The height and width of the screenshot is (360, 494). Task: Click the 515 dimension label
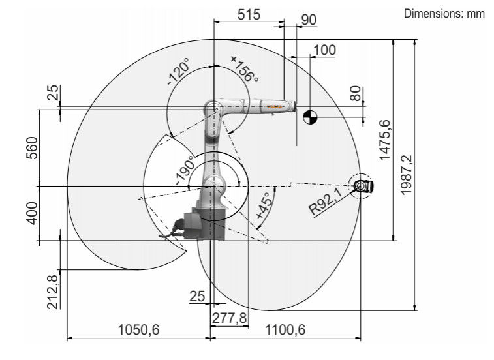249,14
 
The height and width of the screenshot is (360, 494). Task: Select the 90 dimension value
309,20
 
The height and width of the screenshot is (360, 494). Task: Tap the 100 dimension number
324,50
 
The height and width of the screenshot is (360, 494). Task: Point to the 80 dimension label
356,93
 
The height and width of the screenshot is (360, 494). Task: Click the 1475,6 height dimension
384,140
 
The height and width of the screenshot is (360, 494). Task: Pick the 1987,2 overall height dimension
406,175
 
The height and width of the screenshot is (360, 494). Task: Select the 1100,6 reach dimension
285,330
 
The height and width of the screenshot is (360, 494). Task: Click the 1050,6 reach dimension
138,330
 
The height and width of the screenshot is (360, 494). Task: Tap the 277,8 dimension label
229,318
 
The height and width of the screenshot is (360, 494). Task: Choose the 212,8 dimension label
53,292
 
